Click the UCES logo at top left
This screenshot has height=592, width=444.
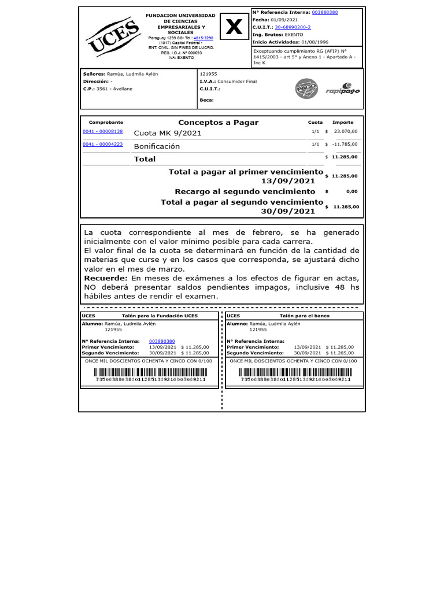[x=113, y=38]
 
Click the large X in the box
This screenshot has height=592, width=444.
[x=234, y=27]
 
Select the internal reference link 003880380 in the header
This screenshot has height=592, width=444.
[x=325, y=12]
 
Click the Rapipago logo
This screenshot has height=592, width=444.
[x=342, y=89]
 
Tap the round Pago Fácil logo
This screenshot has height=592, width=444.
[x=306, y=88]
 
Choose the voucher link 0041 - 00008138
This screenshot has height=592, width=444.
[x=103, y=132]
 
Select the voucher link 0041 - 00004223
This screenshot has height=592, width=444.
[x=103, y=144]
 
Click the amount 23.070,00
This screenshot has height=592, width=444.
[x=345, y=132]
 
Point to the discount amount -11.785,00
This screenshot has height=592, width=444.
[x=344, y=144]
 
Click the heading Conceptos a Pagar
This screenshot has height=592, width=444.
[x=218, y=123]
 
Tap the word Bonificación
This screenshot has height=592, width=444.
[x=157, y=146]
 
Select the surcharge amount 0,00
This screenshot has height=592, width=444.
[x=351, y=191]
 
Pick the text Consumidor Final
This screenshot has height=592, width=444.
[x=237, y=82]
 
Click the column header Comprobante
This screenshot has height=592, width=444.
[x=106, y=123]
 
